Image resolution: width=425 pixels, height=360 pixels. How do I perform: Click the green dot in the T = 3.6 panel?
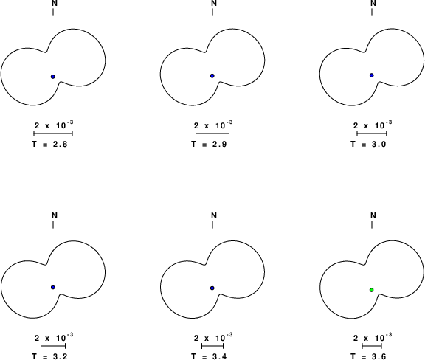372,290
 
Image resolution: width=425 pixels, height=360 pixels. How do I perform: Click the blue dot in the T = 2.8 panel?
53,77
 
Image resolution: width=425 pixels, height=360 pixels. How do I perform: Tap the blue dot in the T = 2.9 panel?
212,76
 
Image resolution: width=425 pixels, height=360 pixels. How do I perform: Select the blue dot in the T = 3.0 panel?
372,75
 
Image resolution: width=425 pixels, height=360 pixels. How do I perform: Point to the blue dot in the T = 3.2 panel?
53,288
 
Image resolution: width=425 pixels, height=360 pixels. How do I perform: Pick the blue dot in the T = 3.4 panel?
212,288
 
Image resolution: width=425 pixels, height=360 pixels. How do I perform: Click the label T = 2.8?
49,144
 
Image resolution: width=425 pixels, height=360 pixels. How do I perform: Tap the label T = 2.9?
209,144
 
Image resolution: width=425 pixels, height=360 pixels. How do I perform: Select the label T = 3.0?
368,144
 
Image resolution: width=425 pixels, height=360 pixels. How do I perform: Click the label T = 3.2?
49,356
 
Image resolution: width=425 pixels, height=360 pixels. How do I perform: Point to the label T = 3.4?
209,356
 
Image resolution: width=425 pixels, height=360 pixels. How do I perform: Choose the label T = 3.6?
368,356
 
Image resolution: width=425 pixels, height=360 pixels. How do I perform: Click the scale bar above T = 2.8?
53,133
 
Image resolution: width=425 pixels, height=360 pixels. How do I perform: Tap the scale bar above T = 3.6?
372,346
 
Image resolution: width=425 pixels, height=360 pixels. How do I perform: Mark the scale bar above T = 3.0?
372,133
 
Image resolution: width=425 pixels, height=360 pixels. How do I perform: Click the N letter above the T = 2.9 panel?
214,3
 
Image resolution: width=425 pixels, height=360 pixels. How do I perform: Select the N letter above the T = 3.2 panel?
55,215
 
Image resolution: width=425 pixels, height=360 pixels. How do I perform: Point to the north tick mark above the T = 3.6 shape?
372,224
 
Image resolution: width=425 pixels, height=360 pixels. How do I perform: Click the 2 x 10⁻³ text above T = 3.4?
213,337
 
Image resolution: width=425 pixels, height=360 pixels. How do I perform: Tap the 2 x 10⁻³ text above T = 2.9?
213,125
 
